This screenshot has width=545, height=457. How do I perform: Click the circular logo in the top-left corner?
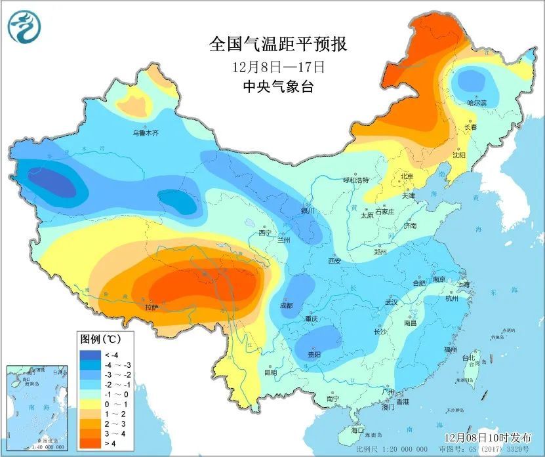pos(24,26)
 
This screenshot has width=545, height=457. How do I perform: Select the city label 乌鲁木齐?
pos(146,133)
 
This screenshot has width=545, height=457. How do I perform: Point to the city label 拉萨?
pos(151,306)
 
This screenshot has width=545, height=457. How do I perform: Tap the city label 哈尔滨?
pos(477,103)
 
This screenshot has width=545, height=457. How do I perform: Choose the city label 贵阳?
pos(315,354)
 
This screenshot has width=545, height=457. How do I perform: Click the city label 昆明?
pos(270,372)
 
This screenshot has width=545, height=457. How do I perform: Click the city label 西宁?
pos(264,233)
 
